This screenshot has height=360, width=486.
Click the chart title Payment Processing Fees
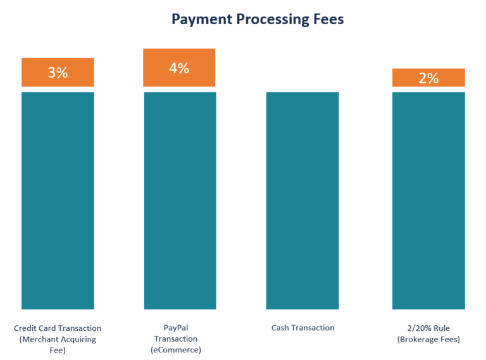pos(258,20)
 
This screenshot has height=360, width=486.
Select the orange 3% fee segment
pos(58,72)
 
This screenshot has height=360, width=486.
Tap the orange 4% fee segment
pos(180,68)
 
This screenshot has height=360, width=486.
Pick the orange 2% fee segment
pos(428,78)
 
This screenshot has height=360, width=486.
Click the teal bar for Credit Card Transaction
pos(58,201)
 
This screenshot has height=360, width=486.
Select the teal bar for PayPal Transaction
pos(180,201)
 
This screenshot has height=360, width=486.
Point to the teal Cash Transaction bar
pos(302,201)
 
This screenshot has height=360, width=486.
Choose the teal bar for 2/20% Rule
pos(428,201)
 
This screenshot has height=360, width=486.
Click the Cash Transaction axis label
pos(302,328)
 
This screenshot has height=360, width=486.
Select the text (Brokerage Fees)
pos(428,340)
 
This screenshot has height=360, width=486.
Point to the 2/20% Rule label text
pos(428,328)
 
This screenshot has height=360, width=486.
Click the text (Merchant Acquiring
pos(58,339)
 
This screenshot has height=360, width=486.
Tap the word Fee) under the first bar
pos(58,350)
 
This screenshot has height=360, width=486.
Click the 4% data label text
pos(180,68)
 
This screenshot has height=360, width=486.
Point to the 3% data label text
pos(58,72)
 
